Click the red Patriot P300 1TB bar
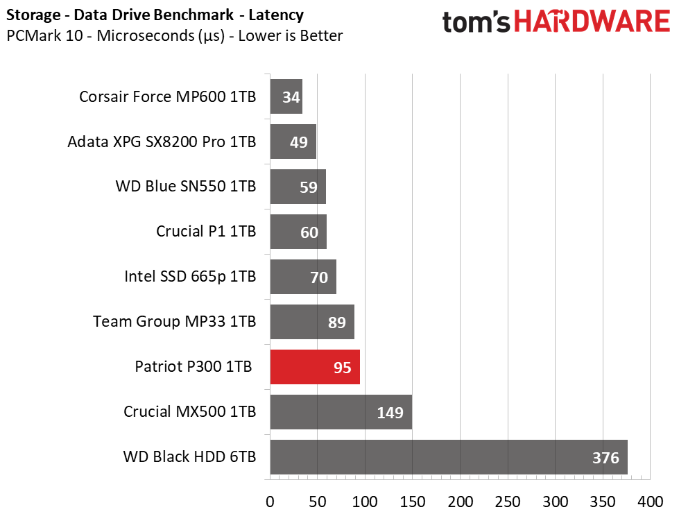pyautogui.click(x=315, y=367)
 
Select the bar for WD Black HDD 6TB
pyautogui.click(x=449, y=457)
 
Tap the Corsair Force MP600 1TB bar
pyautogui.click(x=286, y=96)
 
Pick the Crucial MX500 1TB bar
pyautogui.click(x=341, y=412)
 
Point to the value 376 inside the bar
pyautogui.click(x=605, y=458)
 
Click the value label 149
pyautogui.click(x=390, y=413)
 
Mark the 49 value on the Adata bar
pyautogui.click(x=299, y=142)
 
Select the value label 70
pyautogui.click(x=319, y=277)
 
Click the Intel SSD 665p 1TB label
pyautogui.click(x=190, y=276)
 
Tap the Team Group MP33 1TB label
pyautogui.click(x=175, y=321)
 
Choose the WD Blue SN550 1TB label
pyautogui.click(x=186, y=186)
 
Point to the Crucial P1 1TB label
pyautogui.click(x=206, y=231)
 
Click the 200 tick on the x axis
pyautogui.click(x=461, y=502)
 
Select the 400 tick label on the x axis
pyautogui.click(x=650, y=502)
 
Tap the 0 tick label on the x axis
pyautogui.click(x=270, y=502)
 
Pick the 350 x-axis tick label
pyautogui.click(x=603, y=502)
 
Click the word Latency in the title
pyautogui.click(x=276, y=15)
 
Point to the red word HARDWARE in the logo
pyautogui.click(x=592, y=22)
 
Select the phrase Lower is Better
pyautogui.click(x=291, y=35)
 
